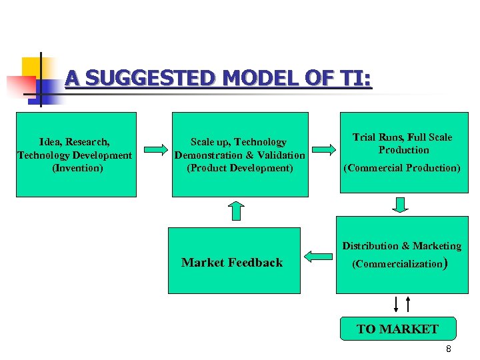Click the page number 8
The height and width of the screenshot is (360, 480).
[x=449, y=349]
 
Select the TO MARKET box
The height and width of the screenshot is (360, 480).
[x=397, y=329]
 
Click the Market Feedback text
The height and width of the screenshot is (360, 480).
[x=232, y=263]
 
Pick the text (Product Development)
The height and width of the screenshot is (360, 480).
[x=240, y=168]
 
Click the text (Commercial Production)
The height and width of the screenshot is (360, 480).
[x=402, y=168]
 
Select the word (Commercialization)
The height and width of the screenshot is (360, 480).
[x=398, y=263]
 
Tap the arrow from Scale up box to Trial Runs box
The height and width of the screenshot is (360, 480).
[x=324, y=149]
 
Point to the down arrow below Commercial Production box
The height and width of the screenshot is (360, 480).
[x=400, y=204]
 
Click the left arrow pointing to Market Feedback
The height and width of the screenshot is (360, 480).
[x=319, y=255]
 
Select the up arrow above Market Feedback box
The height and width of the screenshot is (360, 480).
[x=236, y=211]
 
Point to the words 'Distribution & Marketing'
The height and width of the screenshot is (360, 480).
[x=402, y=246]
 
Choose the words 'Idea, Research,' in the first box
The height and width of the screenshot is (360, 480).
[x=75, y=142]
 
